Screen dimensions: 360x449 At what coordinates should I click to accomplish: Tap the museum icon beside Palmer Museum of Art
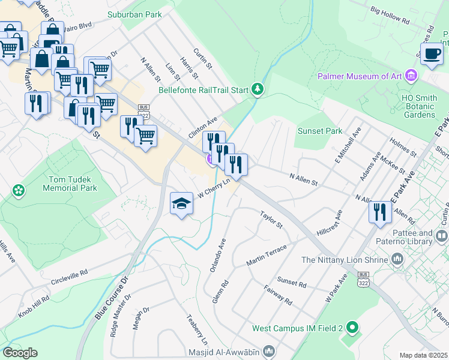(x=411, y=76)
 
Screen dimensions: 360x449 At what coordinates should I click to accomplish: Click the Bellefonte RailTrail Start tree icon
(x=258, y=89)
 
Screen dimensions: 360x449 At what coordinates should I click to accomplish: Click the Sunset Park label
(x=320, y=131)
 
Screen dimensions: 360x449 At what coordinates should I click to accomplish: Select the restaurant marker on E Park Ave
(x=380, y=212)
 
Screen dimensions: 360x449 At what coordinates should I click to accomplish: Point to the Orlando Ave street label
(x=217, y=256)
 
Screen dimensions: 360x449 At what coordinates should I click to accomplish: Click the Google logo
(x=19, y=353)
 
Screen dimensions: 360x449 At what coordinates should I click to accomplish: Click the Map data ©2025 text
(x=423, y=355)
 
